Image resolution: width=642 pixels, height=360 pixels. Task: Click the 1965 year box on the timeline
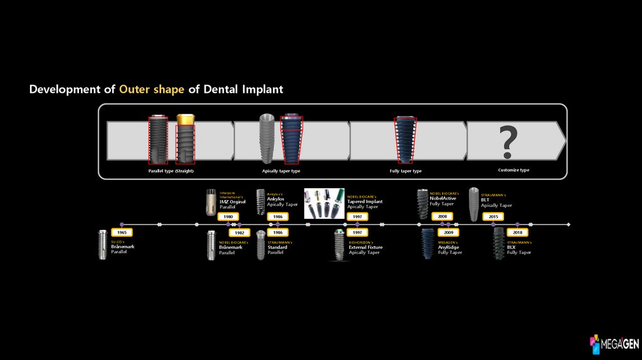(122, 232)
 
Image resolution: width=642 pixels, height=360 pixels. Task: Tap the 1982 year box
(239, 232)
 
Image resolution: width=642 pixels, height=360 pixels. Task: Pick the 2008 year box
(443, 216)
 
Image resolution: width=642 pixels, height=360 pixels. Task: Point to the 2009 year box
(448, 232)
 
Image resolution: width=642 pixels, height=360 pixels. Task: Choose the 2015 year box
(493, 216)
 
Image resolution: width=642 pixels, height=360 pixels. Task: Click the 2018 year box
(517, 232)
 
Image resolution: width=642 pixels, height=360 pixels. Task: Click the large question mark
(508, 142)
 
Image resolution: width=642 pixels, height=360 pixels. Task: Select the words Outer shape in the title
(152, 89)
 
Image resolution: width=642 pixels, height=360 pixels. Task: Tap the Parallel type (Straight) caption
(171, 171)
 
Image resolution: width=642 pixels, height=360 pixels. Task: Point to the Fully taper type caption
(406, 171)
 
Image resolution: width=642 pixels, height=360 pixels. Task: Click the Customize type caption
(513, 170)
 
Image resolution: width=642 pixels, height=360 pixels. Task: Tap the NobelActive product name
(443, 198)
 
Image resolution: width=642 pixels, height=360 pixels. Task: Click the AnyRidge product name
(448, 247)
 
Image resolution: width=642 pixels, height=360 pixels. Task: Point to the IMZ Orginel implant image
(211, 201)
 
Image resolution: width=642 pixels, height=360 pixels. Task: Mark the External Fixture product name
(366, 247)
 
